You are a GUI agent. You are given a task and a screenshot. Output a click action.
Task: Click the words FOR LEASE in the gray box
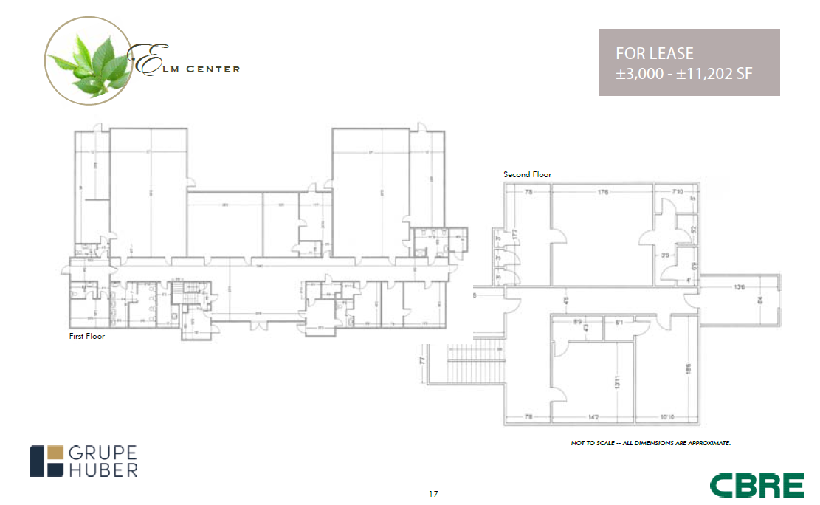pos(655,54)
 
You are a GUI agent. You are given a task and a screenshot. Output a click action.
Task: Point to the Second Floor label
pos(527,174)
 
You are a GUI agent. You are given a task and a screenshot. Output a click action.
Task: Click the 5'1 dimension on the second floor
pos(619,322)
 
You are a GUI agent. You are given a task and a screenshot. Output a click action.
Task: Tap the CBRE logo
pos(757,485)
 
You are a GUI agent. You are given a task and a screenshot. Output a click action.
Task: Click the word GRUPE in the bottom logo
pos(103,453)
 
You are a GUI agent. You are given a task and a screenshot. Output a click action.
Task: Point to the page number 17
pos(433,492)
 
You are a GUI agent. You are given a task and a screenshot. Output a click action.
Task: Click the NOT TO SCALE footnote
pos(650,442)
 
